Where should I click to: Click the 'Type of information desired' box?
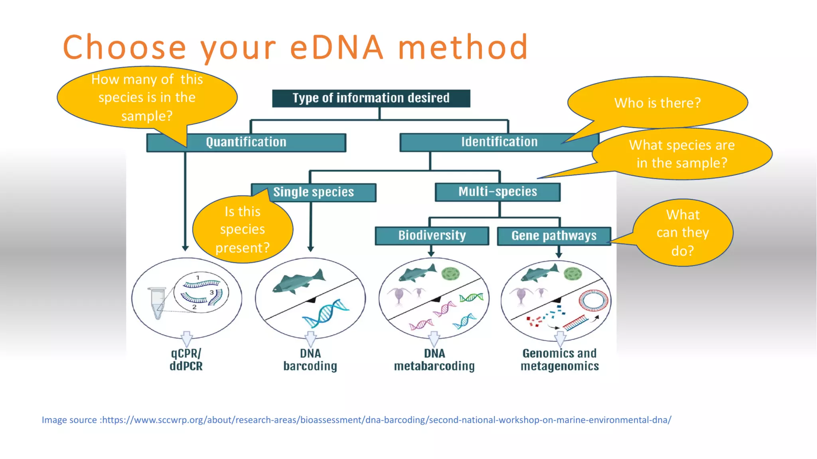(x=371, y=98)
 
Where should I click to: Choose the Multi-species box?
(x=497, y=192)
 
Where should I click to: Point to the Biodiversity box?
(x=432, y=235)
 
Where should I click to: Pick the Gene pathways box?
(x=554, y=236)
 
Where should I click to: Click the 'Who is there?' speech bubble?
(x=657, y=103)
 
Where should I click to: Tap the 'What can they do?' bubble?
(x=683, y=233)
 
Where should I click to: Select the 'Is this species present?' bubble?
(x=243, y=230)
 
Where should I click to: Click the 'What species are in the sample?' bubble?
(x=682, y=154)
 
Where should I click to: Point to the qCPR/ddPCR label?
(x=186, y=360)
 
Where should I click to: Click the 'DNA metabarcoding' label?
(x=434, y=360)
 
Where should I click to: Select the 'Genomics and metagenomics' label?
(x=559, y=360)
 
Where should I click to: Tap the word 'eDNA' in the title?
(x=337, y=47)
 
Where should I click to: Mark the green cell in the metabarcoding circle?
(x=450, y=274)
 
